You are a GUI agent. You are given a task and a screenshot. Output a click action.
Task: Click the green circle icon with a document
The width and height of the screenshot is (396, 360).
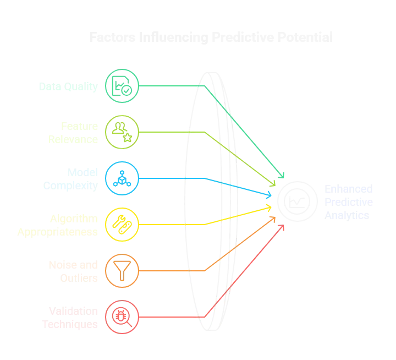tap(122, 86)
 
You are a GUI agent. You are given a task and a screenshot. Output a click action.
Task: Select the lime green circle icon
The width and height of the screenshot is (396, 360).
tap(122, 132)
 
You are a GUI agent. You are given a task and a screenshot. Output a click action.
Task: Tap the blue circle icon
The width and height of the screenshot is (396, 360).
tap(122, 178)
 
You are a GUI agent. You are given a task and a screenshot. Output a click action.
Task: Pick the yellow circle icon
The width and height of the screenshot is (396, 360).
tap(122, 224)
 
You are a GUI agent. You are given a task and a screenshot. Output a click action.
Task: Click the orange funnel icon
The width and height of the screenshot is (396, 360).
tap(122, 270)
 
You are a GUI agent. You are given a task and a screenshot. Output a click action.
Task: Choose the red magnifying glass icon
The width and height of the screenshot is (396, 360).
tap(122, 317)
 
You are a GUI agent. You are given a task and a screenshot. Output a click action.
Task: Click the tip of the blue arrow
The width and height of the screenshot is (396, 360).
tap(273, 195)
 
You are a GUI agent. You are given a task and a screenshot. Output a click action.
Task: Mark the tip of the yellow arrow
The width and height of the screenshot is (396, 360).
tap(273, 207)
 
